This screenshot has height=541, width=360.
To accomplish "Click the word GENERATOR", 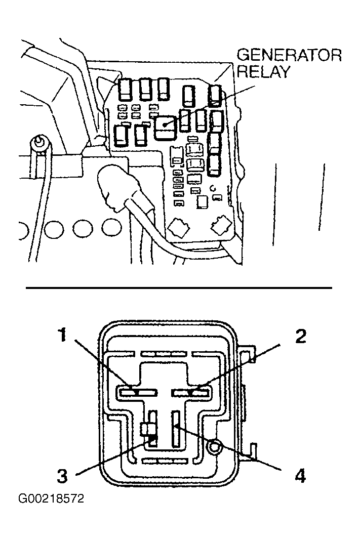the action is (289, 55).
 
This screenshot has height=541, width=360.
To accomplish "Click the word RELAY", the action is (263, 71).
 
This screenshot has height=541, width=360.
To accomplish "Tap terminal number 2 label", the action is (301, 336).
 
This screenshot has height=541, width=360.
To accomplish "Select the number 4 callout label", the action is (300, 476).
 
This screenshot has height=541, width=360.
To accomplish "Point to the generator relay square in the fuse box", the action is (166, 127).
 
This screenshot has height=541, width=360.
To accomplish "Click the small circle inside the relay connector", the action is (214, 448).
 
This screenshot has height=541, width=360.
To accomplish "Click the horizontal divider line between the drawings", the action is (179, 287).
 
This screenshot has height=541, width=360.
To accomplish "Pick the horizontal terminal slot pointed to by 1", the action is (137, 393).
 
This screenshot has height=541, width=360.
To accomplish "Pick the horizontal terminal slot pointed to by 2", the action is (190, 393).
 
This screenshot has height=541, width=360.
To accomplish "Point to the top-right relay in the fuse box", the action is (215, 94).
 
